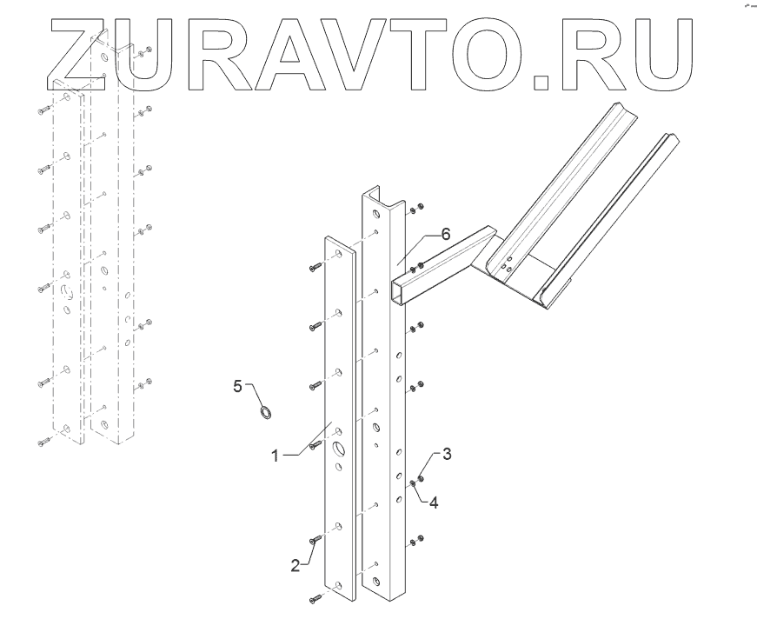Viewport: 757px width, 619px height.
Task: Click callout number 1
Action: [275, 455]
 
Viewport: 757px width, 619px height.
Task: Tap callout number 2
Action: [295, 564]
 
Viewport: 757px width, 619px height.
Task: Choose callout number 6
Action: [445, 234]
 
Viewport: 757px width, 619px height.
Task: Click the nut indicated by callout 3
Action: [421, 476]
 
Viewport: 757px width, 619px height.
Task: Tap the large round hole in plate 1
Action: [338, 449]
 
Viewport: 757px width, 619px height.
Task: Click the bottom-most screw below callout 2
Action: [314, 599]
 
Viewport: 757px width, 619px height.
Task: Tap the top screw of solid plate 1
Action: [315, 267]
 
